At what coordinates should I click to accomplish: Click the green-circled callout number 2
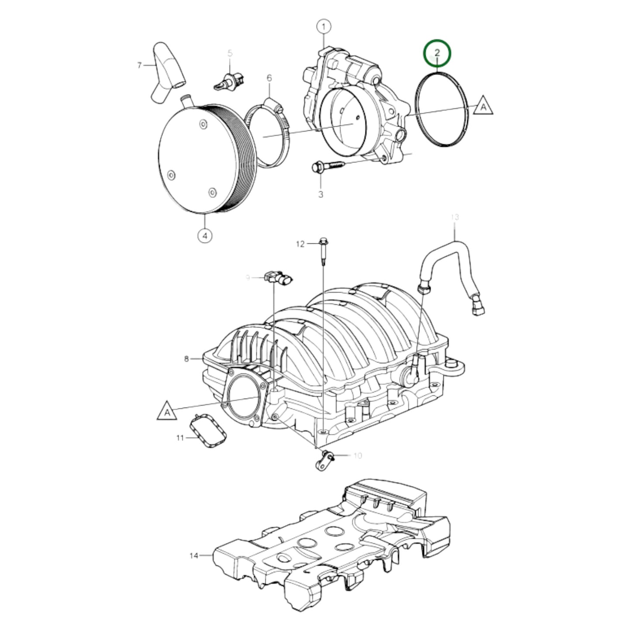pos(437,53)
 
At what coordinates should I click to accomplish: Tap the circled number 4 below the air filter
pos(205,236)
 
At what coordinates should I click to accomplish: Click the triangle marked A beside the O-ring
pos(483,106)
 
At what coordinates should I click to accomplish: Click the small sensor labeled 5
pos(230,81)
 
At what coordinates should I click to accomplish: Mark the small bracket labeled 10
pos(324,461)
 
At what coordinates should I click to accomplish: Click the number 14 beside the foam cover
pos(194,555)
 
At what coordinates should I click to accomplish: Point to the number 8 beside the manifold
pos(186,359)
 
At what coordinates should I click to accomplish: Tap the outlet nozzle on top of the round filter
pos(186,100)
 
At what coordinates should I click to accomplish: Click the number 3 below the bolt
pos(321,194)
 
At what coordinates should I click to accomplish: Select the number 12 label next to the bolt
pos(300,244)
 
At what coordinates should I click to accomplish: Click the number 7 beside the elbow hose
pos(140,66)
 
